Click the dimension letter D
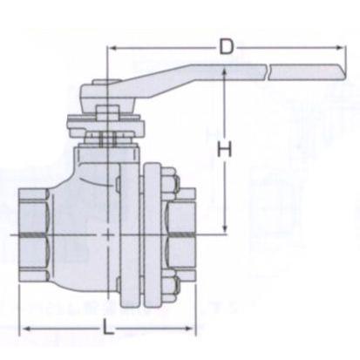(227, 46)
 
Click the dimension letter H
(225, 149)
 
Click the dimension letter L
(108, 329)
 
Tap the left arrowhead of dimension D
(112, 48)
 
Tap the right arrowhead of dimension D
(340, 47)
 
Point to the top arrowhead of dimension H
(224, 72)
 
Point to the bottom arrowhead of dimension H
(224, 228)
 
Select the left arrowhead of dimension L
(27, 329)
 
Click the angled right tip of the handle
(345, 73)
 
